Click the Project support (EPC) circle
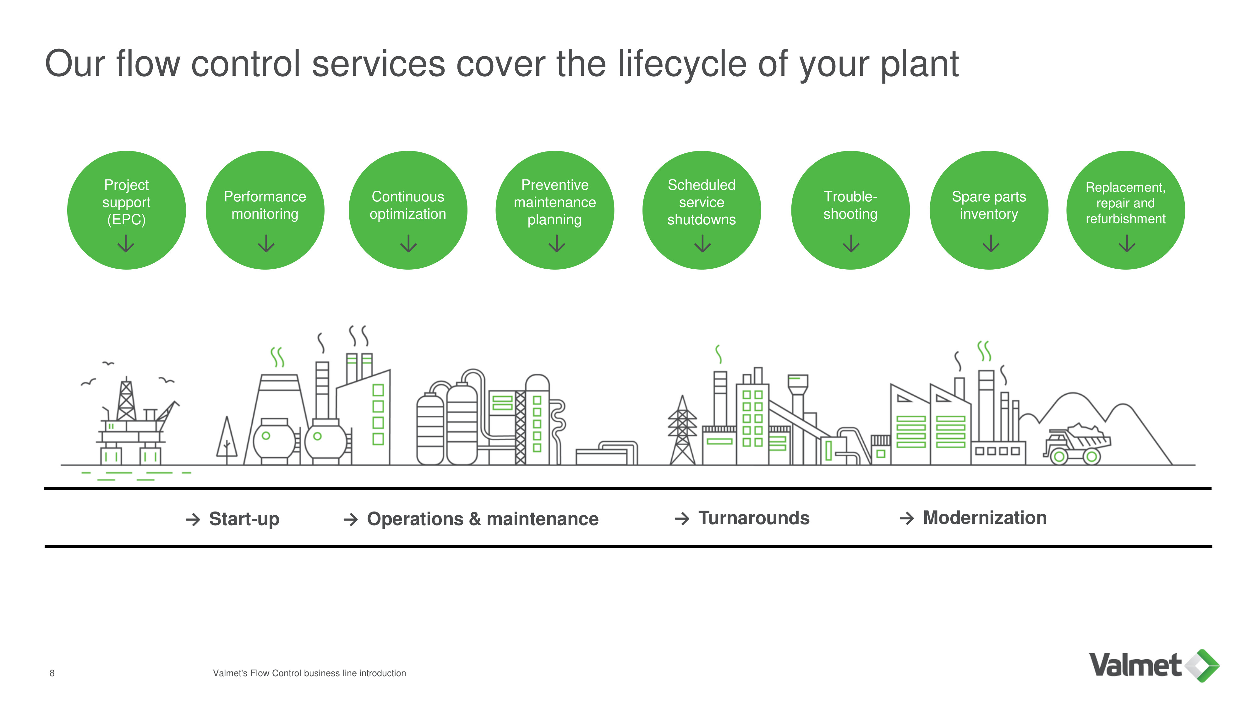point(126,210)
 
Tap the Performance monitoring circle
point(265,210)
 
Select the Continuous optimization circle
point(408,210)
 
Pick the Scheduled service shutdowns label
point(701,202)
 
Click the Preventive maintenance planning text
point(555,202)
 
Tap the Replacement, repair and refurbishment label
point(1125,203)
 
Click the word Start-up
point(244,519)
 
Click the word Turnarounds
point(754,518)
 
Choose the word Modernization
point(985,517)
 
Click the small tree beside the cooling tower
point(227,439)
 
